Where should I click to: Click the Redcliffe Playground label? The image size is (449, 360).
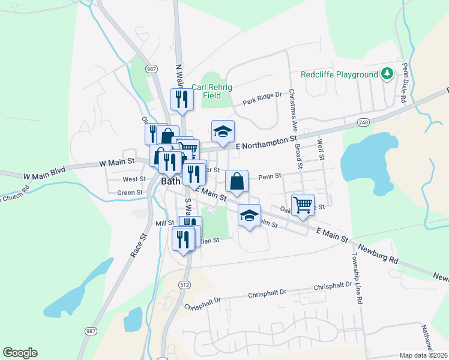tap(340, 74)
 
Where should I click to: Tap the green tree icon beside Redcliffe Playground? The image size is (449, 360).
tap(388, 74)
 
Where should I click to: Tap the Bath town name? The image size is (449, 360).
tap(171, 181)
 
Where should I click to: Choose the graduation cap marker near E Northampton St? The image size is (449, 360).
tap(223, 132)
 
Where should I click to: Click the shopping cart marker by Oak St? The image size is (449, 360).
tap(303, 205)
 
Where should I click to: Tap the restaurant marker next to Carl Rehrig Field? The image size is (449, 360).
tap(181, 100)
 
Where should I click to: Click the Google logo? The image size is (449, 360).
tap(20, 353)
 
